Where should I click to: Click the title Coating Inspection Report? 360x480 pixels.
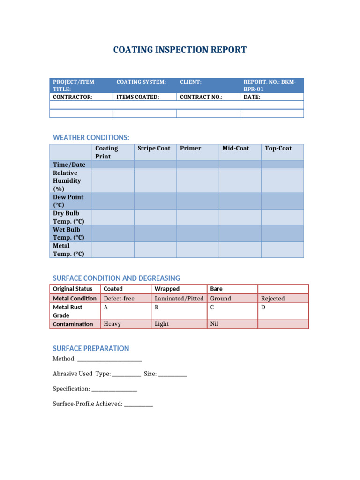180,50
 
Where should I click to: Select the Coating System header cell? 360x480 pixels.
141,82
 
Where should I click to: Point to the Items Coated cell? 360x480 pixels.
138,97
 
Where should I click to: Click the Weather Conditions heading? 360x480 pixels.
91,137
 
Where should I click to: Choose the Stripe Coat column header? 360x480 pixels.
154,148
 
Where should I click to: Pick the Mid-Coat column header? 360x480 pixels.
236,148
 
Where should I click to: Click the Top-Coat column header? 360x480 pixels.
278,148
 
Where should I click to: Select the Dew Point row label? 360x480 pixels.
68,201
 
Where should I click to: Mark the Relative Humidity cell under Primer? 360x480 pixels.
197,181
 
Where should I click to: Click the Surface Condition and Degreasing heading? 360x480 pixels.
116,278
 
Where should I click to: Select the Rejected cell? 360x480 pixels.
273,299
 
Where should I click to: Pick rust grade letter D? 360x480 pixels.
263,307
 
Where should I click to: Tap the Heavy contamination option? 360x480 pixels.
112,324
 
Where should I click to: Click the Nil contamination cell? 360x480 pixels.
215,324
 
